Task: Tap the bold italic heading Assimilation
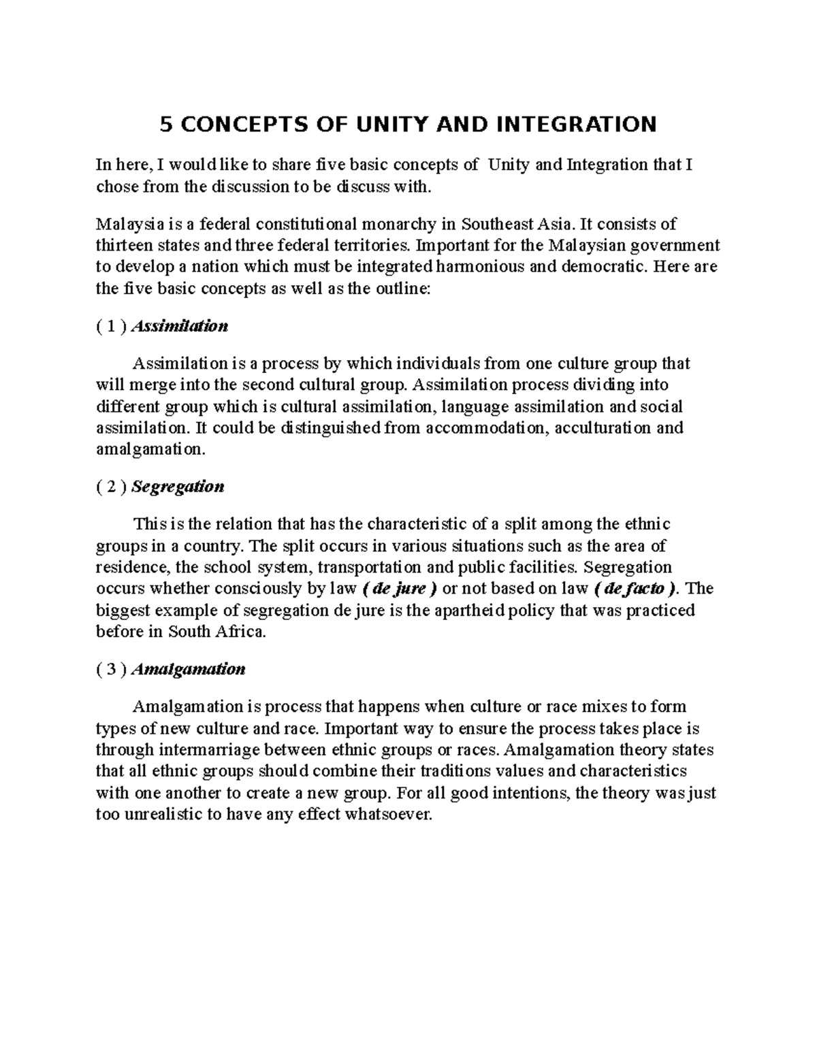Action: [179, 326]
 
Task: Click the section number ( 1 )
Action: [111, 326]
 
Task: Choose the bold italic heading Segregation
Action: [177, 487]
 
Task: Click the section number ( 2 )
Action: [111, 487]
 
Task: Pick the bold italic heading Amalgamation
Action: [187, 669]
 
